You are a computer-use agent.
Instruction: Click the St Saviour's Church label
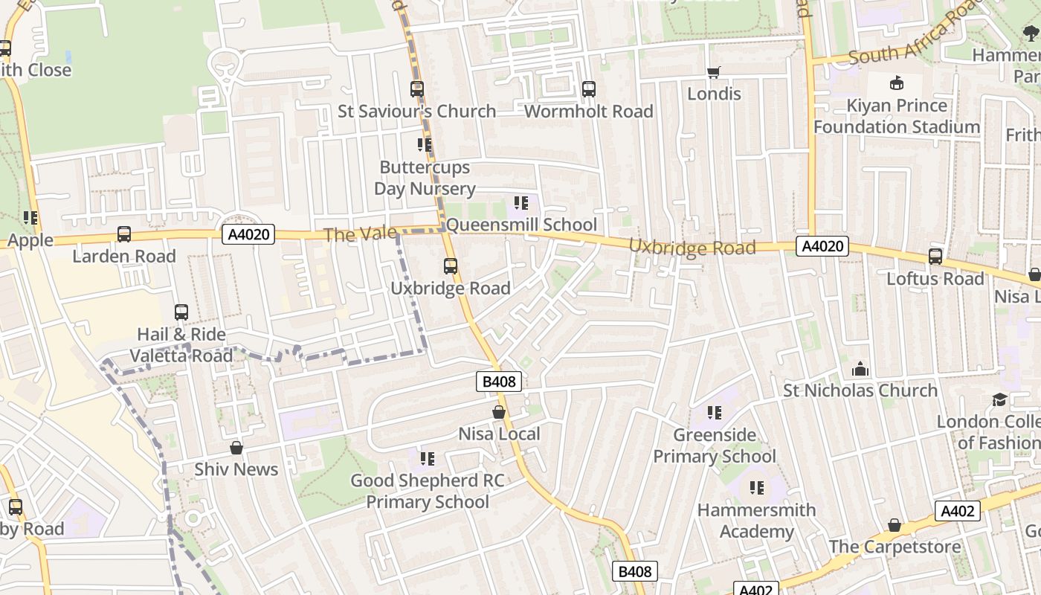point(416,112)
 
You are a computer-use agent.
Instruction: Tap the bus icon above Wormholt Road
point(589,89)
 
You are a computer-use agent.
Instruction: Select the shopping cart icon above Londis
point(714,72)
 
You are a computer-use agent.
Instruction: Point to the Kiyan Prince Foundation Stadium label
point(897,116)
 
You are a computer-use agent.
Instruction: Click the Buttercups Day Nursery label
point(425,178)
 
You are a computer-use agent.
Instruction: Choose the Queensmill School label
point(521,225)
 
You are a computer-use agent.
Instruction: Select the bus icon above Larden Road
point(124,234)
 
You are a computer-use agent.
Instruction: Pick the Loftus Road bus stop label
point(935,279)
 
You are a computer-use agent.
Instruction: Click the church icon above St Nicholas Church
point(860,369)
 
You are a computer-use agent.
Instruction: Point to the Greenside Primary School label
point(714,446)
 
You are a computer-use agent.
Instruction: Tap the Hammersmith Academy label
point(756,521)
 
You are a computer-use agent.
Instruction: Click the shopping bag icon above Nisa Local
point(499,412)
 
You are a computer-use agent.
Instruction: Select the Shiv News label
point(236,469)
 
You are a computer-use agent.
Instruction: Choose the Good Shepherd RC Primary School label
point(427,491)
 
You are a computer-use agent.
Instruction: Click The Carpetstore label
point(895,547)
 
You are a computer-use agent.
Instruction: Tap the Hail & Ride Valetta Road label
point(181,345)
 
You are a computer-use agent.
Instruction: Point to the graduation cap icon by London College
point(999,400)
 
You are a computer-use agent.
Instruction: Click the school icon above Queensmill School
point(521,202)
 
